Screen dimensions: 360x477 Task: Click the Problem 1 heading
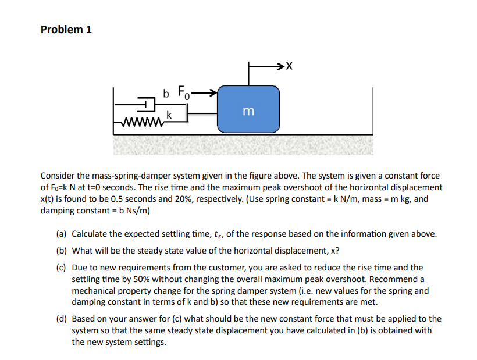66,30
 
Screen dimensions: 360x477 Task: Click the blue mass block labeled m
248,110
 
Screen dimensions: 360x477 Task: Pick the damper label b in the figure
166,93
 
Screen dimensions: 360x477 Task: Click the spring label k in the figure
168,115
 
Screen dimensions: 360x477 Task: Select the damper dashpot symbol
148,105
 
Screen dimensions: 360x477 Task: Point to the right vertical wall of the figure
372,111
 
